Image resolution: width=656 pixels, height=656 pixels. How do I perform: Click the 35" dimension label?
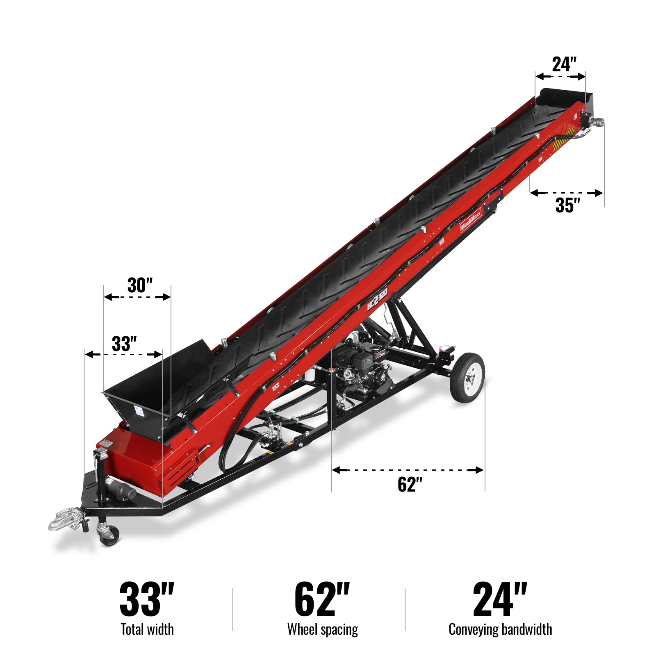click(x=568, y=205)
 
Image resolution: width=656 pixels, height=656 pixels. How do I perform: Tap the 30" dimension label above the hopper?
click(x=140, y=285)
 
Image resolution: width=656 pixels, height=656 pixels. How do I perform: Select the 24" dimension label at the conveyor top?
click(x=564, y=64)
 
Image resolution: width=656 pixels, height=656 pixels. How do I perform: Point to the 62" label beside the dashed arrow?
click(x=410, y=484)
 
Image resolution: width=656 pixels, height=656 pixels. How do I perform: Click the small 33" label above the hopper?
click(x=124, y=344)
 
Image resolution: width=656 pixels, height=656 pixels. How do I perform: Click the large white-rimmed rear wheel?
click(x=467, y=377)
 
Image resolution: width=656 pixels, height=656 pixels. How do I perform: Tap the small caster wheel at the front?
click(x=109, y=535)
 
